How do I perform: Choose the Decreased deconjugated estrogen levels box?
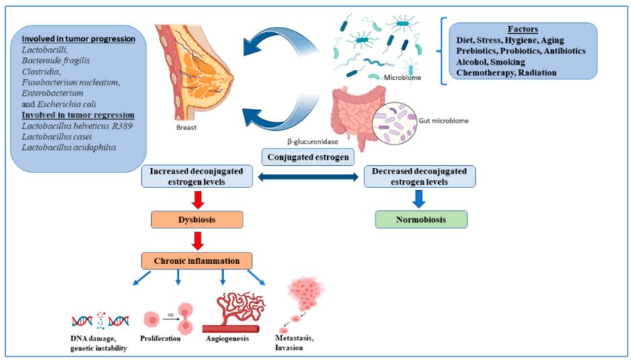pos(419,176)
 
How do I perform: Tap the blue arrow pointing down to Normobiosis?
pos(419,198)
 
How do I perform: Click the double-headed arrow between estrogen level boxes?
pos(308,177)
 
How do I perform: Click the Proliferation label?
pos(162,339)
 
